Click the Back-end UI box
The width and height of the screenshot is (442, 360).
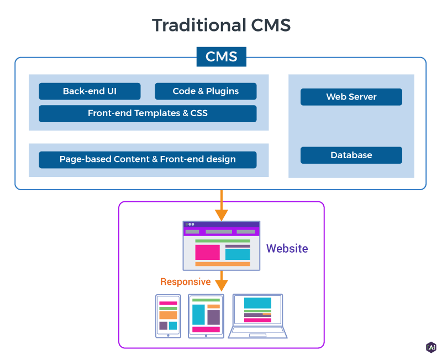point(90,91)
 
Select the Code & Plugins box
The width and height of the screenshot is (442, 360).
point(206,91)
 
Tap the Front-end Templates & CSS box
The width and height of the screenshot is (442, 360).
point(148,113)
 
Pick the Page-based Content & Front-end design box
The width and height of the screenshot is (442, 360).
point(148,159)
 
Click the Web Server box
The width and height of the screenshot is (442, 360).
point(351,97)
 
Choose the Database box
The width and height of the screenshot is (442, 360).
point(351,155)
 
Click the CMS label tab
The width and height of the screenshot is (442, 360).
point(221,56)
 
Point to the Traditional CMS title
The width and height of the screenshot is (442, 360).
point(221,25)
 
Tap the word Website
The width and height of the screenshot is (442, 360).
point(287,248)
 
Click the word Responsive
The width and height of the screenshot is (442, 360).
point(185,281)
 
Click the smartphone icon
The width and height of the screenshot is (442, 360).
point(168,316)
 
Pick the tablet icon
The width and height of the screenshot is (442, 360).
point(206,316)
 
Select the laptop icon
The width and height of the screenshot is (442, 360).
point(258,316)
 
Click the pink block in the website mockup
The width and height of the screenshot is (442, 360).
point(207,252)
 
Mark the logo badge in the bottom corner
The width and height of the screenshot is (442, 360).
point(431,347)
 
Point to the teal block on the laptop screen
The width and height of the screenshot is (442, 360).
point(257,303)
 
